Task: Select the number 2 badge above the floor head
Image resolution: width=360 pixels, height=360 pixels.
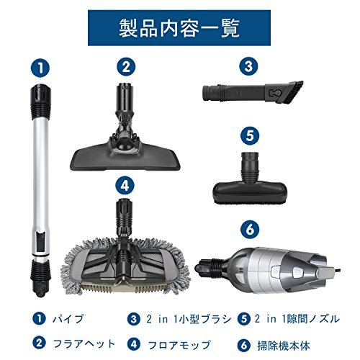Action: click(127, 68)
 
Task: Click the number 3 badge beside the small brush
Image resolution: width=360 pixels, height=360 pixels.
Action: click(250, 68)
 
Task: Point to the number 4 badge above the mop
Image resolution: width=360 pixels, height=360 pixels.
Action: click(127, 184)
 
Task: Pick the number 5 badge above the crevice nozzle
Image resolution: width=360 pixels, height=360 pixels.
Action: click(250, 134)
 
